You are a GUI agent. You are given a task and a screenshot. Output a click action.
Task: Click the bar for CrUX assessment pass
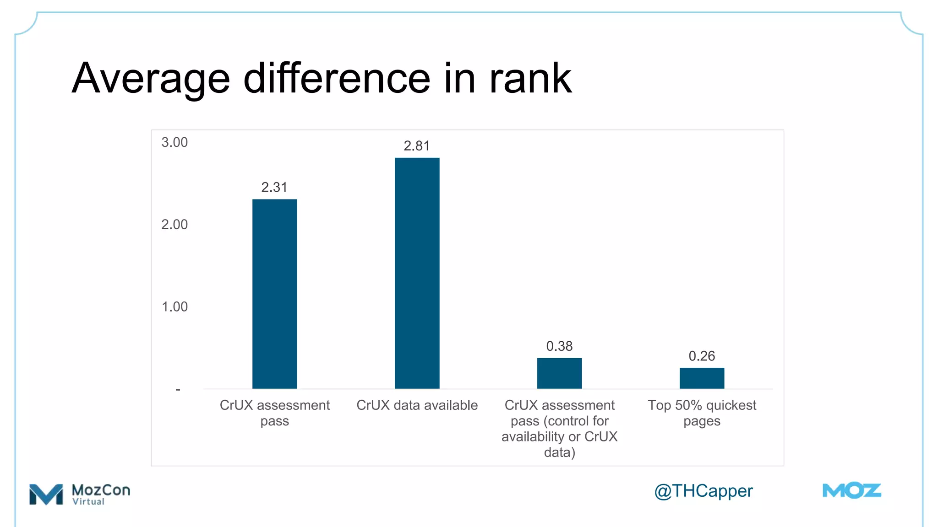click(x=274, y=294)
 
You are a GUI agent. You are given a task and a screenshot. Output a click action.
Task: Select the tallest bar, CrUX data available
click(x=417, y=273)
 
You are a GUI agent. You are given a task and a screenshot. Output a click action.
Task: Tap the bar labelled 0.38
click(x=559, y=373)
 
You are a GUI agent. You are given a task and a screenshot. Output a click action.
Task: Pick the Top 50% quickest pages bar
click(x=702, y=378)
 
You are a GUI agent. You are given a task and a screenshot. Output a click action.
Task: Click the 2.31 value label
click(x=274, y=187)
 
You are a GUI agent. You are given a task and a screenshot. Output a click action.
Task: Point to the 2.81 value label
click(x=416, y=146)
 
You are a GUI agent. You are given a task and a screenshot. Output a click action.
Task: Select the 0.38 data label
click(x=559, y=346)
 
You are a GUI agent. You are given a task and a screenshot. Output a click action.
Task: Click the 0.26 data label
click(x=702, y=356)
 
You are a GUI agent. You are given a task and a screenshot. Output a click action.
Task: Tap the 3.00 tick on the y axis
click(x=175, y=142)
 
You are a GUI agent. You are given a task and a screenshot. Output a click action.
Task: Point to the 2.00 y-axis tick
click(x=175, y=225)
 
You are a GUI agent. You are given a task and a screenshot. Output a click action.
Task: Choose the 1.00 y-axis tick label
click(x=175, y=307)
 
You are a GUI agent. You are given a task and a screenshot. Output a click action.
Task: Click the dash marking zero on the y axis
click(x=178, y=389)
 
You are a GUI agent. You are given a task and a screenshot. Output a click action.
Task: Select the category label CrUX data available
click(x=417, y=405)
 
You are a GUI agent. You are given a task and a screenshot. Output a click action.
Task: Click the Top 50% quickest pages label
click(x=702, y=413)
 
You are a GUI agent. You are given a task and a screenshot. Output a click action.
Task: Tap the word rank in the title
click(x=530, y=78)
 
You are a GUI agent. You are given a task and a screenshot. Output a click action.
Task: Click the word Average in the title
click(x=151, y=79)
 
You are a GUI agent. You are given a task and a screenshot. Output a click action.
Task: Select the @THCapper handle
click(x=703, y=491)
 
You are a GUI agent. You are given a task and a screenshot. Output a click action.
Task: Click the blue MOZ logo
click(x=852, y=491)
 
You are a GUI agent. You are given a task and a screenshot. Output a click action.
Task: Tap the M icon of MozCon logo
click(x=46, y=494)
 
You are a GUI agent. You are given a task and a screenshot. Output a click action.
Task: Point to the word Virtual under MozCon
click(x=88, y=502)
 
